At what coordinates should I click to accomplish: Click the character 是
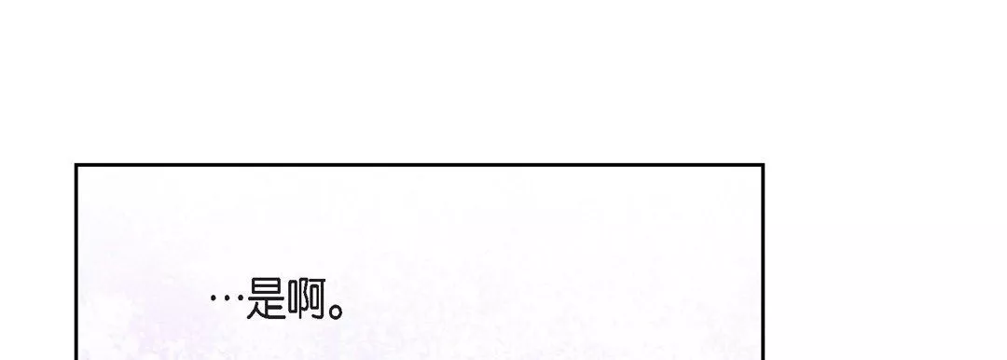pos(266,299)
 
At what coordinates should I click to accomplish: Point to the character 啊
pos(307,299)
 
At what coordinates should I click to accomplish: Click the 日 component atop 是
pos(267,287)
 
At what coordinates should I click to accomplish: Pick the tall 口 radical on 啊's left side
pos(293,298)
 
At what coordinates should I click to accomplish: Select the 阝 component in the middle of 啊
pos(304,299)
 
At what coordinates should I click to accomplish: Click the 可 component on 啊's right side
pos(318,299)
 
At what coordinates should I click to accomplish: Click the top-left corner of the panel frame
pos(76,165)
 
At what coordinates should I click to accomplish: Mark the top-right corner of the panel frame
pos(763,165)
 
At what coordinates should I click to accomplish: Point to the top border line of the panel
pos(420,165)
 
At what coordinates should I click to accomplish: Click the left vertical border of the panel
pos(76,262)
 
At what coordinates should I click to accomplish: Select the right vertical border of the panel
pos(763,262)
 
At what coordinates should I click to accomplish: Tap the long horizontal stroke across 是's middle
pos(266,299)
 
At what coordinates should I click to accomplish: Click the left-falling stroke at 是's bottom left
pos(253,312)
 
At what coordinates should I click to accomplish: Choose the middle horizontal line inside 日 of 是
pos(267,287)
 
